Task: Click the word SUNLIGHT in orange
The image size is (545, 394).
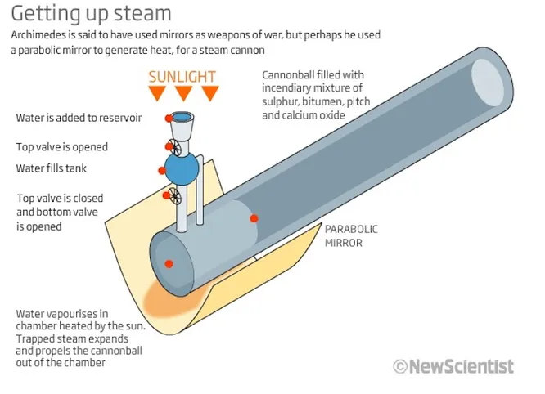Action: (x=182, y=77)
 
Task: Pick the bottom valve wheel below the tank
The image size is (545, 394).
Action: (x=173, y=195)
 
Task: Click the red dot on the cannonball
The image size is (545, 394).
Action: (x=254, y=217)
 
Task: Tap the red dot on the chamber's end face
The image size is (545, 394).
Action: (x=169, y=263)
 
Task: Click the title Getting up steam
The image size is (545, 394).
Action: (x=91, y=14)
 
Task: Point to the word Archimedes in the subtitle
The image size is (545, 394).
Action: (x=43, y=37)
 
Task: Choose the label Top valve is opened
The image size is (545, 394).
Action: (x=61, y=147)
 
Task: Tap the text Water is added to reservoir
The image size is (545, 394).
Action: (x=79, y=118)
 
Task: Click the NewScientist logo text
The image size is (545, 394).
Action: (x=462, y=366)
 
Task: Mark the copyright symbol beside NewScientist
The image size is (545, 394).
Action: (x=400, y=367)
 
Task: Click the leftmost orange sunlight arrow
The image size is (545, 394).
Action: (x=155, y=93)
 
